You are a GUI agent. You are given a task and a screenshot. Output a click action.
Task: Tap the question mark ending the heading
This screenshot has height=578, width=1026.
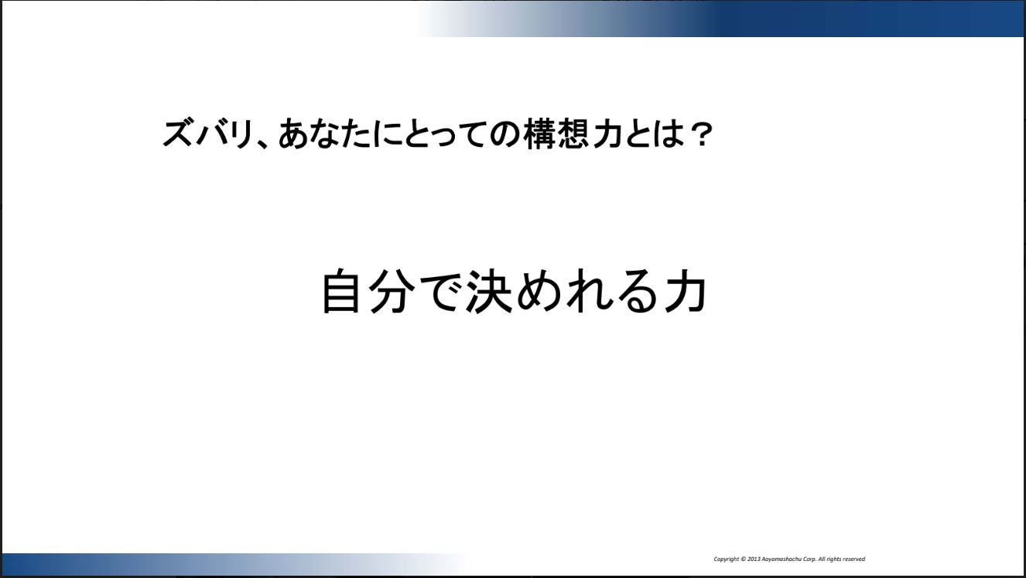coord(701,135)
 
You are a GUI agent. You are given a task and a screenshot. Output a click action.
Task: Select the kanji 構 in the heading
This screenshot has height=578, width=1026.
coord(540,134)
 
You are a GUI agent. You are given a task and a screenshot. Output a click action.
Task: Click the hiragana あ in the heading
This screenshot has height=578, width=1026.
coord(293,134)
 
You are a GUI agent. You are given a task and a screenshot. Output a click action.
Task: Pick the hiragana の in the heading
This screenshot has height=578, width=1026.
coord(505,135)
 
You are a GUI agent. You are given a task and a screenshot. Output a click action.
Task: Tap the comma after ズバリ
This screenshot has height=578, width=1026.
coord(262,144)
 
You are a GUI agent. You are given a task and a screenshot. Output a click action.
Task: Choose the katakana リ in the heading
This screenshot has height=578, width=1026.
coord(241,134)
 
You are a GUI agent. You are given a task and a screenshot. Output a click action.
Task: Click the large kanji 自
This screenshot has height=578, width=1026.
coord(340,291)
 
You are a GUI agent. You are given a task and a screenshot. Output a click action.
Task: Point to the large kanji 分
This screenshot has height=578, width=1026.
coord(389,291)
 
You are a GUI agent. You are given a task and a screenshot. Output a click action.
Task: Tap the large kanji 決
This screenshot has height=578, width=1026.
coord(487,291)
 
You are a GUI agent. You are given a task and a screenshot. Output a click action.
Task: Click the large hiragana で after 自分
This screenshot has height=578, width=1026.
coord(439,292)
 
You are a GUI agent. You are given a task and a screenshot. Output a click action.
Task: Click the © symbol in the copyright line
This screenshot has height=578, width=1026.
coord(743,559)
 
